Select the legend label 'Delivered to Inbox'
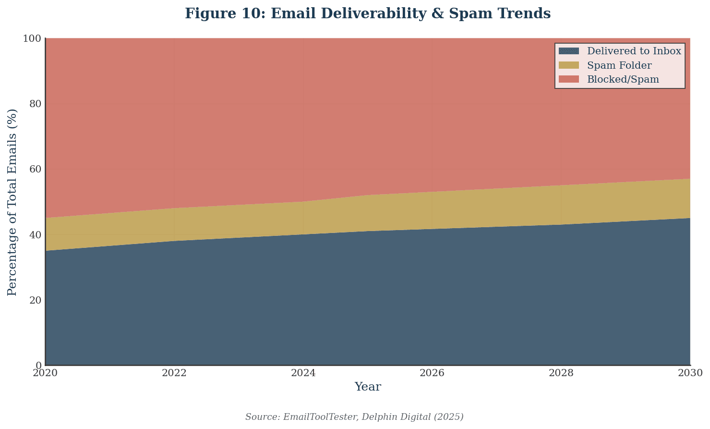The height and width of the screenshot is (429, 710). click(634, 51)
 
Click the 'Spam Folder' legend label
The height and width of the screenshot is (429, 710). click(619, 65)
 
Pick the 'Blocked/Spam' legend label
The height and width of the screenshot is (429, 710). click(623, 79)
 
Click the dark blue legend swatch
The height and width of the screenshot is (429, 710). click(569, 51)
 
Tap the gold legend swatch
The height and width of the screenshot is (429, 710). click(569, 65)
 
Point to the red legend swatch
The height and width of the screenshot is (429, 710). click(569, 79)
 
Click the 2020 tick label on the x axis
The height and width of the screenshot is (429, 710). click(45, 373)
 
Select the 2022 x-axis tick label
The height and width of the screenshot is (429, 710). click(174, 373)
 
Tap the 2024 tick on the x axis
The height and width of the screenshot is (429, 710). click(303, 373)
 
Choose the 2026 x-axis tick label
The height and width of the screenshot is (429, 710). click(432, 373)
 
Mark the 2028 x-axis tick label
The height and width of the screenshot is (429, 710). click(561, 373)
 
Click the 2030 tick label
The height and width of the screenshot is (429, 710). click(690, 373)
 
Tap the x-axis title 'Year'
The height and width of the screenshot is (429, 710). click(368, 387)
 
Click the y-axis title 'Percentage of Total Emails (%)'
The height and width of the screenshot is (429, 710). click(12, 202)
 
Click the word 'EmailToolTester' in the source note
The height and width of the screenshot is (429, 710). click(319, 417)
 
